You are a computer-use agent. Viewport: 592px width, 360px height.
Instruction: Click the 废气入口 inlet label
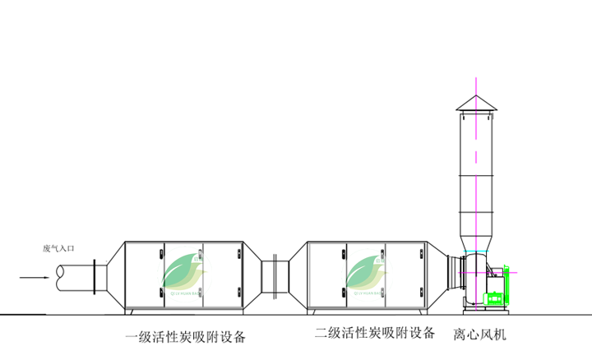(59, 247)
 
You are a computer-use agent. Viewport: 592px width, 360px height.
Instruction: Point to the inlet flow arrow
(33, 278)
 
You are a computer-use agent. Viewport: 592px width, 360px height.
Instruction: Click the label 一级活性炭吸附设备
(185, 337)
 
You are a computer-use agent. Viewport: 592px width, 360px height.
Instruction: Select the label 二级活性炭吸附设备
(374, 334)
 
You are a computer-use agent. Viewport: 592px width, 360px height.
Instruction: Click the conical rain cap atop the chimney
(476, 103)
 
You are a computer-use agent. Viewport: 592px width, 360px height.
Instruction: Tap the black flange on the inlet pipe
(96, 276)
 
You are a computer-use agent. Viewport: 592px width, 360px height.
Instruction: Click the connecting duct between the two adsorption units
(273, 277)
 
